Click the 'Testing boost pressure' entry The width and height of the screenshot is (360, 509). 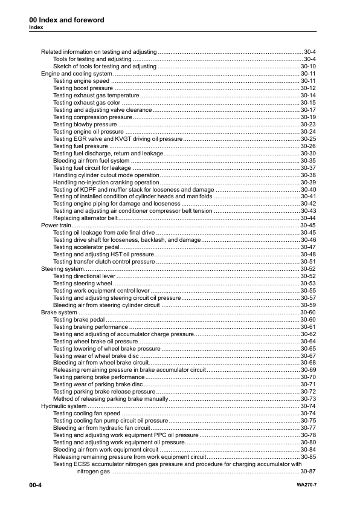click(83, 88)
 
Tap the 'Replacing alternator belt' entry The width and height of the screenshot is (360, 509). click(85, 218)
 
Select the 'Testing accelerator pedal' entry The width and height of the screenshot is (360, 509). click(86, 247)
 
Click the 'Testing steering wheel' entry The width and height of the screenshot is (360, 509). click(83, 283)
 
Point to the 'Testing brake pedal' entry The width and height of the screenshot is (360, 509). click(80, 319)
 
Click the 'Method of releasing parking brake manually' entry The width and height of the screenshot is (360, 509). click(110, 399)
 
